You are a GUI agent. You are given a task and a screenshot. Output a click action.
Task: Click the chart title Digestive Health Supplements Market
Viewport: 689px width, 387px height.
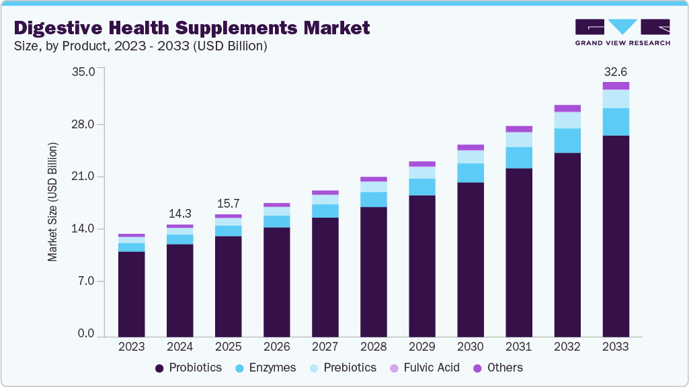click(192, 28)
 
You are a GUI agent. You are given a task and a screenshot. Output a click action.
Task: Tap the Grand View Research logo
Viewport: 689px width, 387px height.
click(622, 32)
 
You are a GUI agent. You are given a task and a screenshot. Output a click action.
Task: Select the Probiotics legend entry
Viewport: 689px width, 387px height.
click(189, 368)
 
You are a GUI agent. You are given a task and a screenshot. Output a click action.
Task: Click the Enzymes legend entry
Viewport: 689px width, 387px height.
click(268, 368)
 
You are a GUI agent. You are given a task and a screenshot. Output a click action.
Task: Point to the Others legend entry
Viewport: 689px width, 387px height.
click(498, 368)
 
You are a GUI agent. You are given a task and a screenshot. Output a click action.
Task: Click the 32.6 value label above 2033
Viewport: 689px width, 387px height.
click(616, 71)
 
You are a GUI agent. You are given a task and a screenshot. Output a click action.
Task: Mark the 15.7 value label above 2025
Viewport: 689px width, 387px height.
click(228, 203)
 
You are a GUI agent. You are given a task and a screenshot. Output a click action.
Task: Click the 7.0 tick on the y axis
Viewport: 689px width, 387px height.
click(86, 281)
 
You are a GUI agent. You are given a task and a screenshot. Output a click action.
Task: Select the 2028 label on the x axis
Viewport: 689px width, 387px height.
click(373, 347)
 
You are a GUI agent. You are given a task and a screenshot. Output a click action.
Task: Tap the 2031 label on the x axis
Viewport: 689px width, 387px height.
click(518, 347)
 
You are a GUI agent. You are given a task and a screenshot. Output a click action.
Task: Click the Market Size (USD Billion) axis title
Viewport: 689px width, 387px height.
click(52, 202)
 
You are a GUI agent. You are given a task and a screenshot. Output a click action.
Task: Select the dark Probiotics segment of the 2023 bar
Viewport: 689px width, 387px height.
click(131, 294)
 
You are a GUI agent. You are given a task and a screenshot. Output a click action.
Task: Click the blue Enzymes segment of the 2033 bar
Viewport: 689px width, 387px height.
click(616, 122)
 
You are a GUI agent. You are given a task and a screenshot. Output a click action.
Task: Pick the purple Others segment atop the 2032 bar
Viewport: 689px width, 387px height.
click(567, 108)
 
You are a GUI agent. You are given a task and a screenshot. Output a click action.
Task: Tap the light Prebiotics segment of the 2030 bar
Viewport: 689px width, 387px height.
click(471, 157)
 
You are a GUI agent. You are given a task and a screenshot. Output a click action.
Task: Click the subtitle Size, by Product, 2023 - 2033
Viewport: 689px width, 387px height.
click(140, 46)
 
